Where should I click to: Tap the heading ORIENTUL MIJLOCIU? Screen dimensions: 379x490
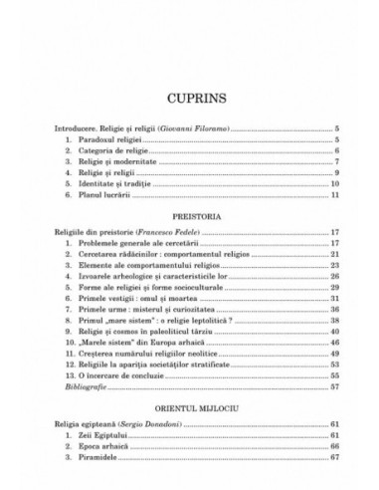189,380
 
